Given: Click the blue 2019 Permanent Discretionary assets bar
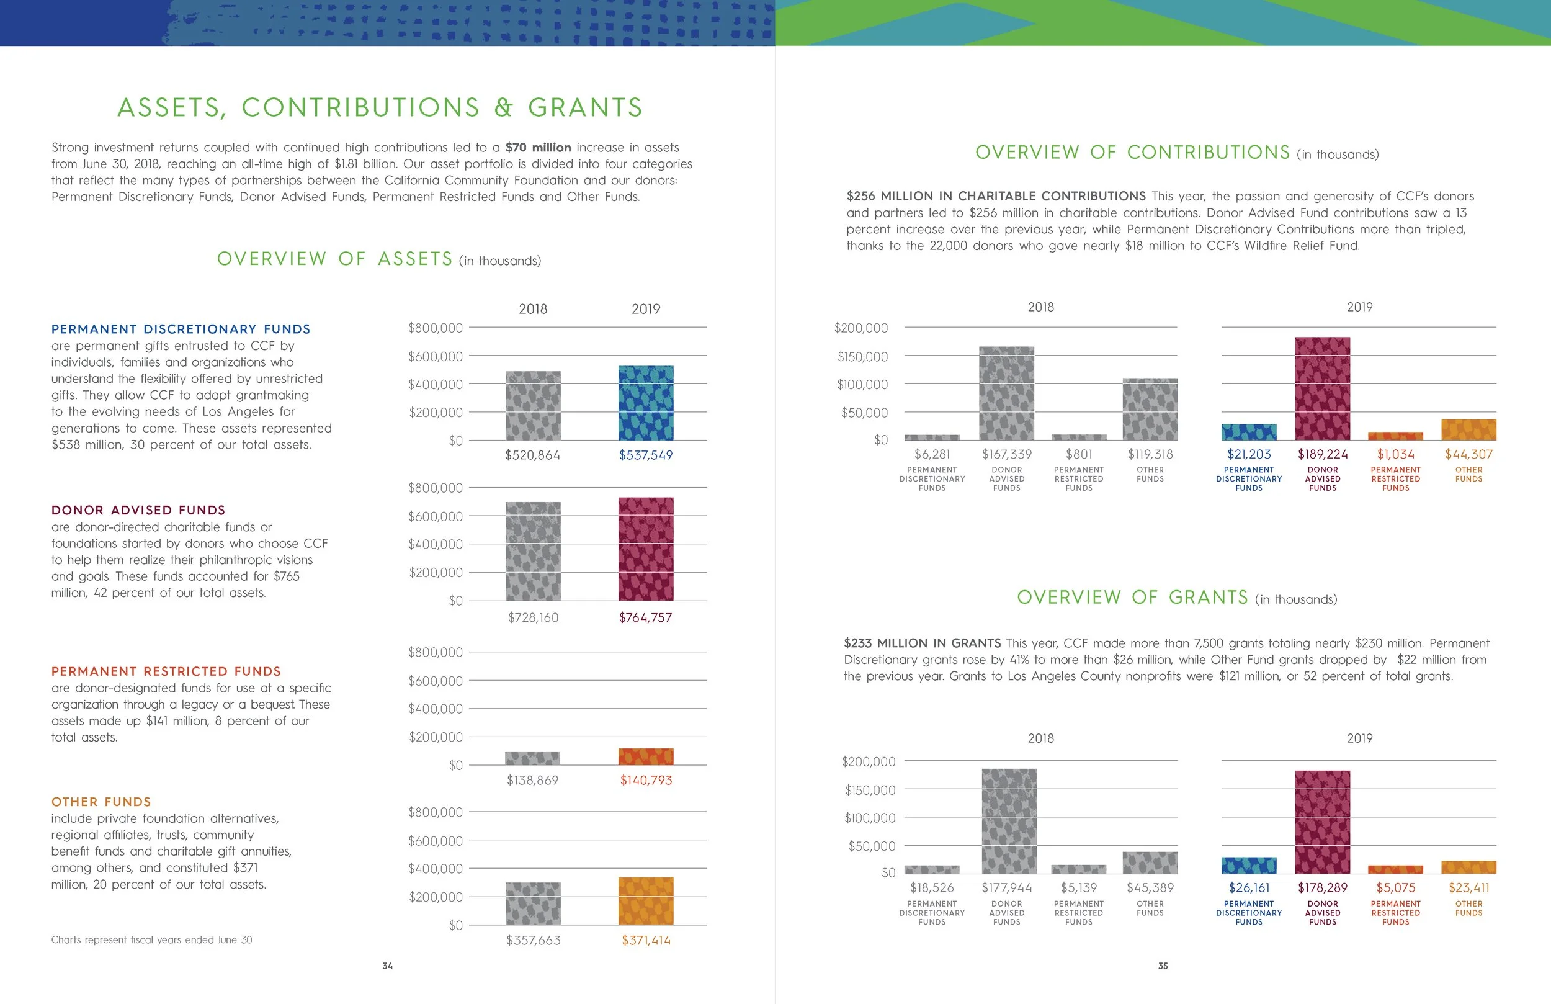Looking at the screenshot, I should (x=645, y=403).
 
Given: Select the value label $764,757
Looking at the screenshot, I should (x=645, y=617).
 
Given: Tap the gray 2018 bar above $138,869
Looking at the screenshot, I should (x=532, y=758).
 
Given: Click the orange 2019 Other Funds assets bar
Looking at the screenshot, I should (x=645, y=901).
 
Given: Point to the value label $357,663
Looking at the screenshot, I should (x=533, y=940).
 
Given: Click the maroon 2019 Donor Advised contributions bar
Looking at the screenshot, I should (x=1322, y=388).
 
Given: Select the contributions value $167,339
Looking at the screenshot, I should (x=1006, y=454).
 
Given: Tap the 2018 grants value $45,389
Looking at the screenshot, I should (x=1150, y=888).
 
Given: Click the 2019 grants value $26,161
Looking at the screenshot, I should (x=1249, y=888).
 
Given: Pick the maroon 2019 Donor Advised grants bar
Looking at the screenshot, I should (x=1322, y=822).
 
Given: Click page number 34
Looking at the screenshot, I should (x=388, y=966).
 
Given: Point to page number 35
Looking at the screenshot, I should (x=1163, y=966).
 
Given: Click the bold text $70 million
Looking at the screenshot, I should (x=538, y=147).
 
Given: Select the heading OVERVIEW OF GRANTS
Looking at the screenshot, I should (x=1133, y=597).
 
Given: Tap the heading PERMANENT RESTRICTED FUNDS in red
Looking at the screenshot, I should (x=166, y=671).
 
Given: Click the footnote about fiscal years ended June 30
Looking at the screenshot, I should (x=152, y=939).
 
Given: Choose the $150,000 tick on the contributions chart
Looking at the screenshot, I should (x=862, y=357).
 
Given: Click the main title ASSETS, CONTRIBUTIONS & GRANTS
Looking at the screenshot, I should (x=380, y=107).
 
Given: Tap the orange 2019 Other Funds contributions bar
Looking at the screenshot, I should (x=1468, y=429).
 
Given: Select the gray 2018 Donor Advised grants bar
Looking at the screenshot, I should (x=1009, y=821).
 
